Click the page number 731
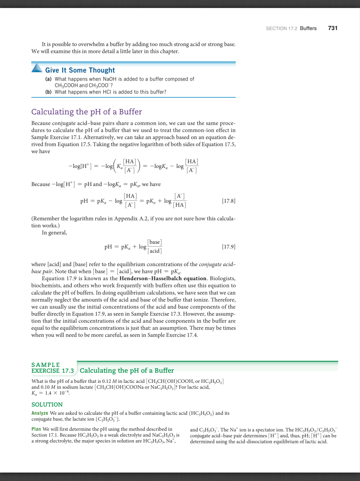[332, 28]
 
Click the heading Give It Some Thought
[80, 70]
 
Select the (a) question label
[48, 79]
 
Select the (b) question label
[48, 92]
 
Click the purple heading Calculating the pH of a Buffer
[86, 112]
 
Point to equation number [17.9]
[228, 247]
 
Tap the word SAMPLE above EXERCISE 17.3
[46, 365]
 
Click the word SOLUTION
[47, 404]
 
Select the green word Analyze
[40, 413]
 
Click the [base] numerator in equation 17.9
[155, 243]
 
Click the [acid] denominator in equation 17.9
[155, 251]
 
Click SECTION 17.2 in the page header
[281, 28]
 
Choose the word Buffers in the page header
[308, 28]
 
